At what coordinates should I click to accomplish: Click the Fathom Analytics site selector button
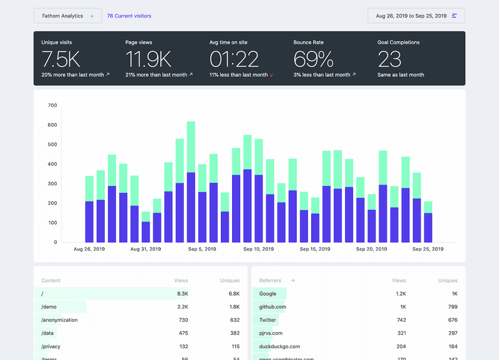pos(67,16)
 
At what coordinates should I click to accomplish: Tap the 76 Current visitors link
pos(129,16)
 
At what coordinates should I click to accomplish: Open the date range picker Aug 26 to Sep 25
pos(416,16)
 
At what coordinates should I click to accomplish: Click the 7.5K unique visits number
pos(61,59)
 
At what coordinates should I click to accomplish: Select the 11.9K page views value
pos(148,59)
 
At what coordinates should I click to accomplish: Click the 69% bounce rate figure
pos(314,59)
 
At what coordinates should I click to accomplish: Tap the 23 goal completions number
pos(389,59)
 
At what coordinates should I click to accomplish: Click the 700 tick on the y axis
pos(52,105)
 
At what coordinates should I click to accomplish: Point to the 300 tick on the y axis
pos(52,183)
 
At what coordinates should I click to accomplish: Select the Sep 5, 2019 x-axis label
pos(201,249)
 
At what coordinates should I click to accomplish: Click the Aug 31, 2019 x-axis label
pos(145,249)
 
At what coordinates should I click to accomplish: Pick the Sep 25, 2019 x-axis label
pos(428,249)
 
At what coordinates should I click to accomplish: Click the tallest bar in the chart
pos(191,181)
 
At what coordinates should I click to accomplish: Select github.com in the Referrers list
pos(273,306)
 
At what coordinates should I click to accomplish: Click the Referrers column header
pos(270,281)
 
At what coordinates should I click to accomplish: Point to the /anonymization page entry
pos(59,319)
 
